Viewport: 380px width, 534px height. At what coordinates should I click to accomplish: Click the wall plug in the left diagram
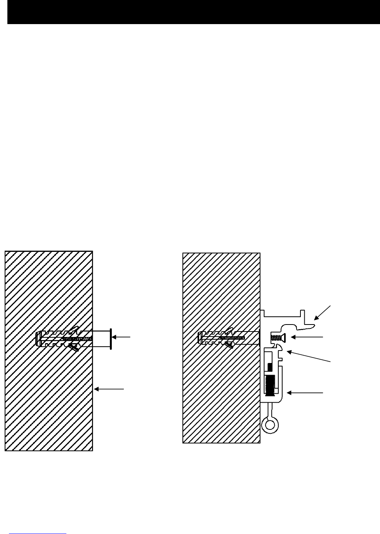point(58,338)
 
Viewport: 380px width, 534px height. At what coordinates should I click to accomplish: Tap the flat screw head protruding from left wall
point(111,338)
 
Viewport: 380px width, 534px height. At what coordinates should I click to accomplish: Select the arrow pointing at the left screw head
point(123,337)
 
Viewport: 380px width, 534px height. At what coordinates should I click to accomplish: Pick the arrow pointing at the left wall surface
point(109,388)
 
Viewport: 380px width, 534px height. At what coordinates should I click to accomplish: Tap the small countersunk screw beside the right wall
point(276,337)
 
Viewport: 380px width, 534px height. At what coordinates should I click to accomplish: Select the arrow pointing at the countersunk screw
point(307,337)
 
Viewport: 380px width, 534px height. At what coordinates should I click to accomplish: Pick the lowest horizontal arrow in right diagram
point(307,393)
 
